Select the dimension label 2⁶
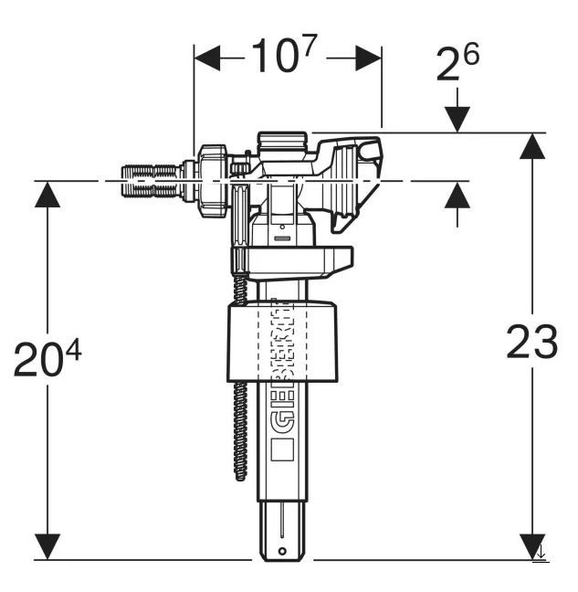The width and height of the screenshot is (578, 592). [x=457, y=61]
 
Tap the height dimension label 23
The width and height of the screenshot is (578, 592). [x=532, y=342]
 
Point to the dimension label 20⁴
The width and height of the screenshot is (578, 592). [x=47, y=358]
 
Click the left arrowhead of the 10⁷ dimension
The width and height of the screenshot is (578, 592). [x=206, y=58]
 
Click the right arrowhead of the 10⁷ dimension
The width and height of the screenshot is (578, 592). [x=369, y=58]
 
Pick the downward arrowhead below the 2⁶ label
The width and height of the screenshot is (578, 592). [x=457, y=120]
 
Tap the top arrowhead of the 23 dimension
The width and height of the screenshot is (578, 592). [x=532, y=146]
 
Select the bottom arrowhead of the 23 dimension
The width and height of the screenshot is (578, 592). [x=532, y=546]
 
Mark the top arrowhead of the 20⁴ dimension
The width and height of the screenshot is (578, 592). [x=47, y=194]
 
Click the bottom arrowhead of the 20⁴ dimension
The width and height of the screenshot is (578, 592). [x=47, y=546]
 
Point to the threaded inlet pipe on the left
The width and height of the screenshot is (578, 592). [x=151, y=181]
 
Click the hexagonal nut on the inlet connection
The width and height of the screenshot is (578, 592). [x=213, y=181]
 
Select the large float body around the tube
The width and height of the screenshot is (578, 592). [x=282, y=341]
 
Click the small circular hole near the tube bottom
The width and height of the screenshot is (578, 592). [x=282, y=551]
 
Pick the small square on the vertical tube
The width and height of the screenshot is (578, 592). [x=282, y=449]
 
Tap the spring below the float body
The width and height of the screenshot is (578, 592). [x=240, y=431]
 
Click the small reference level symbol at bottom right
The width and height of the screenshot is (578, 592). [x=541, y=555]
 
